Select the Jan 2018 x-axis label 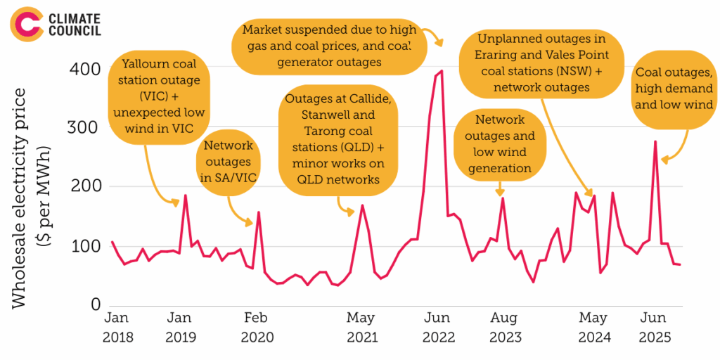(117, 327)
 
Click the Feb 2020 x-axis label (257, 327)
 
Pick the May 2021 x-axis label (361, 327)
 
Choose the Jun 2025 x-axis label (653, 327)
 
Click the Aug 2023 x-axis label (504, 327)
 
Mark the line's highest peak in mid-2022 (441, 71)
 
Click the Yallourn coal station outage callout (161, 96)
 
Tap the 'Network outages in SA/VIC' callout (229, 161)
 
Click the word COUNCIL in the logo (74, 30)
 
